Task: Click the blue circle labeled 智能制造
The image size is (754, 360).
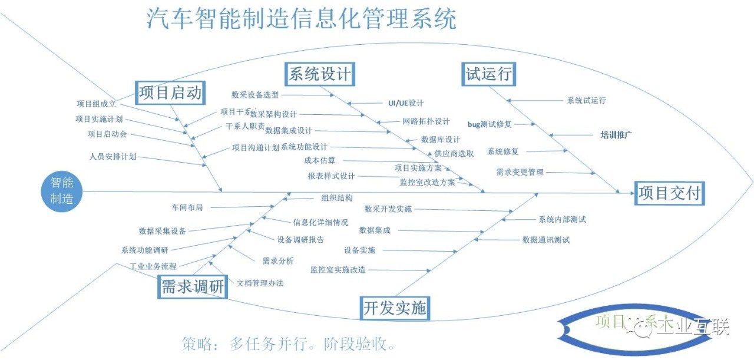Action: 62,191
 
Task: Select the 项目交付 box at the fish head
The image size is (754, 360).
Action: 670,193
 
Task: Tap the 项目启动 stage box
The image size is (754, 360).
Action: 170,93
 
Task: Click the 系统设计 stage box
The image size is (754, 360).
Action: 320,74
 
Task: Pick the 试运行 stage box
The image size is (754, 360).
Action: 488,74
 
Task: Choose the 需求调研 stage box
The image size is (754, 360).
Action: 193,287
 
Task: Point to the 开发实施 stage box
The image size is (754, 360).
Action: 395,308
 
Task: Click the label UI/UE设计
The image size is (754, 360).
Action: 406,103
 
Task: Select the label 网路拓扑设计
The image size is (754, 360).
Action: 426,121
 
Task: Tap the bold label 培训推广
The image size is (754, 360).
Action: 616,134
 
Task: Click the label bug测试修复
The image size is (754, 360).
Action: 490,124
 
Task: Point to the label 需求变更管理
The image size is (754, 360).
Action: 520,172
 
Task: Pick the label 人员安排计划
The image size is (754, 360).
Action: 113,157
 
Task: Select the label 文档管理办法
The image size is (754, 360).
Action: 260,283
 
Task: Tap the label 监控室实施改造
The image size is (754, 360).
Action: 338,269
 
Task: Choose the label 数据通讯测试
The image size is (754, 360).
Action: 546,240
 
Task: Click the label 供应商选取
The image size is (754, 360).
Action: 454,153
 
